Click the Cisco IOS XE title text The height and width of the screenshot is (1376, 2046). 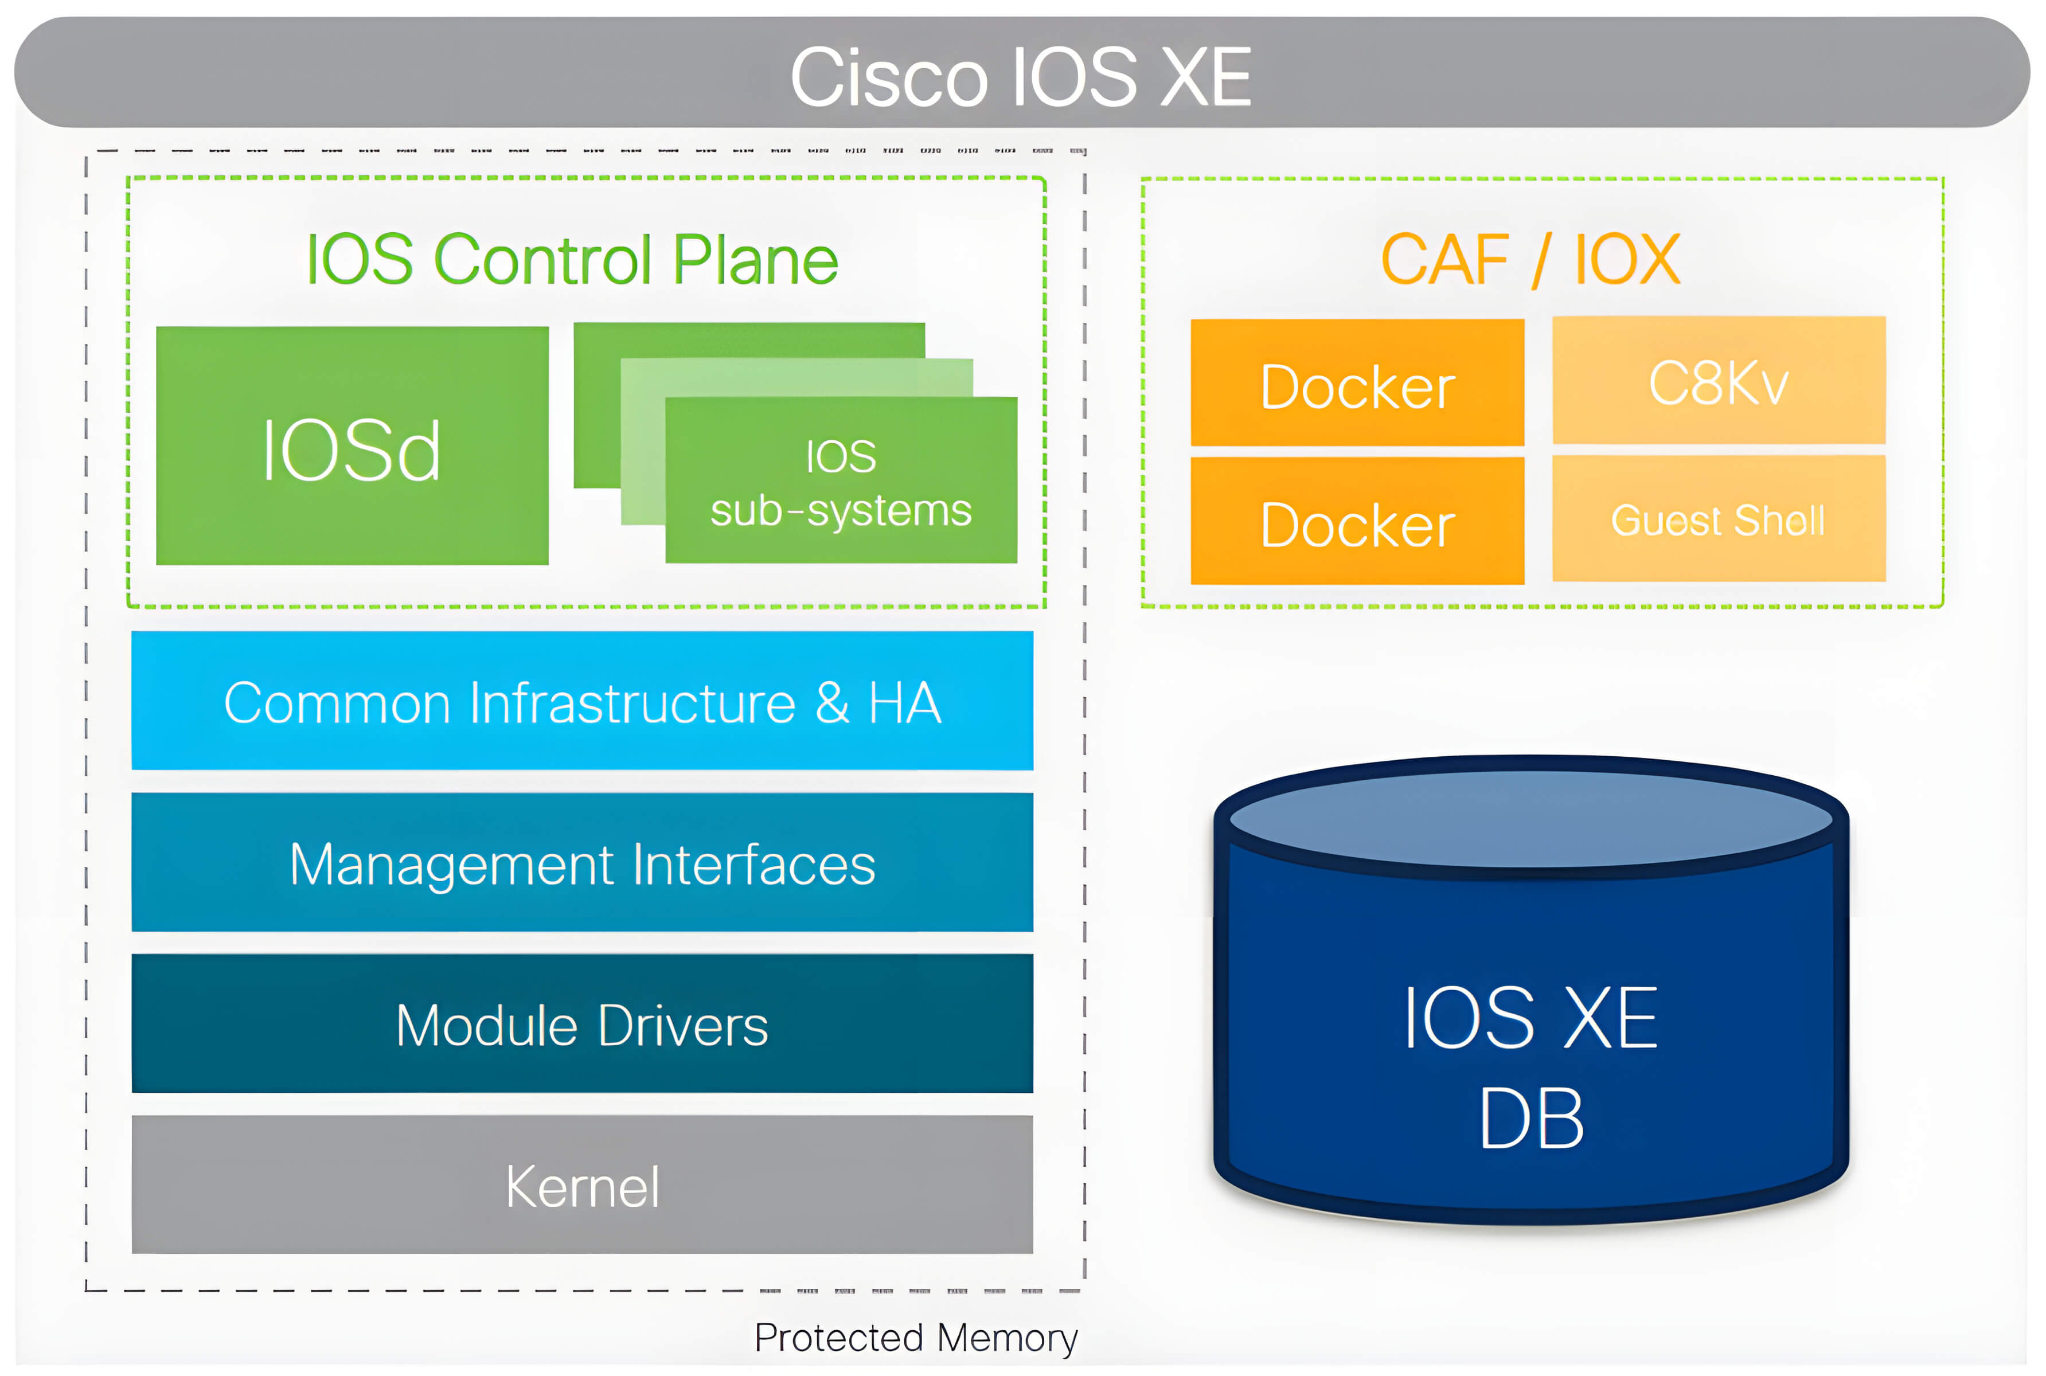click(x=1020, y=77)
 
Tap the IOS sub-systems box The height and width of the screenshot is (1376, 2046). click(x=841, y=482)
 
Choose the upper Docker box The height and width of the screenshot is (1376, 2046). click(x=1357, y=384)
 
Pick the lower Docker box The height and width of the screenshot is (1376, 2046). click(x=1357, y=523)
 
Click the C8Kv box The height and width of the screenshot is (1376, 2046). click(x=1718, y=382)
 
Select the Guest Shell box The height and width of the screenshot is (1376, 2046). click(x=1718, y=519)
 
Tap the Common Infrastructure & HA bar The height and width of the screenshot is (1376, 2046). click(x=582, y=702)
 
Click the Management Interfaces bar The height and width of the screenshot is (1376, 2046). click(x=582, y=863)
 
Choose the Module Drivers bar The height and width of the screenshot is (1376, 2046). click(x=582, y=1025)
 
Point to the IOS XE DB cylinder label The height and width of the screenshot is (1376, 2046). click(x=1530, y=1066)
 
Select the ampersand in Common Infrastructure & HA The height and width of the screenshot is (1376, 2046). click(x=832, y=702)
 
